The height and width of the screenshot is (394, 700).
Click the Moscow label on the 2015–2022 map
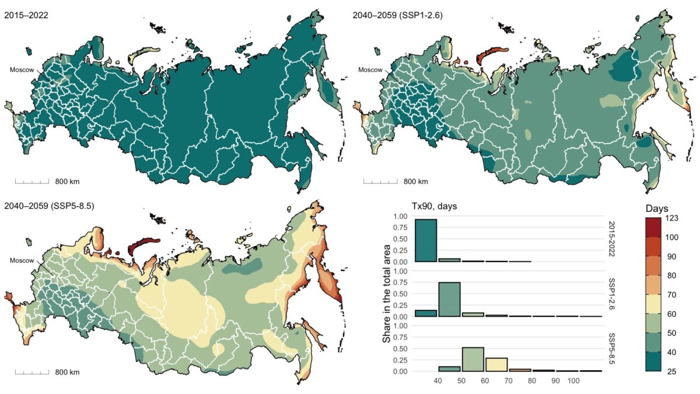coord(22,70)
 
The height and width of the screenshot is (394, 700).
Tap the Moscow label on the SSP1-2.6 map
coord(370,70)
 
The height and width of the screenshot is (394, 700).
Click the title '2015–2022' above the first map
coord(26,16)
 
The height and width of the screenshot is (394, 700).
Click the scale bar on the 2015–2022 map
coord(32,182)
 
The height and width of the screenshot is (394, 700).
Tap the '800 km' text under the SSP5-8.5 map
coord(67,372)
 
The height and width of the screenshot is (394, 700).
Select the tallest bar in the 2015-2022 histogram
coord(426,240)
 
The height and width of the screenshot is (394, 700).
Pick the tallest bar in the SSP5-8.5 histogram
coord(473,359)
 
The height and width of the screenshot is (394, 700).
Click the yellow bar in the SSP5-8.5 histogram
coord(496,364)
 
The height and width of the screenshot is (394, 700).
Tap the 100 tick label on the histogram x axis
coord(573,381)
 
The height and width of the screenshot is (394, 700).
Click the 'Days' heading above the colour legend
coord(657,208)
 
